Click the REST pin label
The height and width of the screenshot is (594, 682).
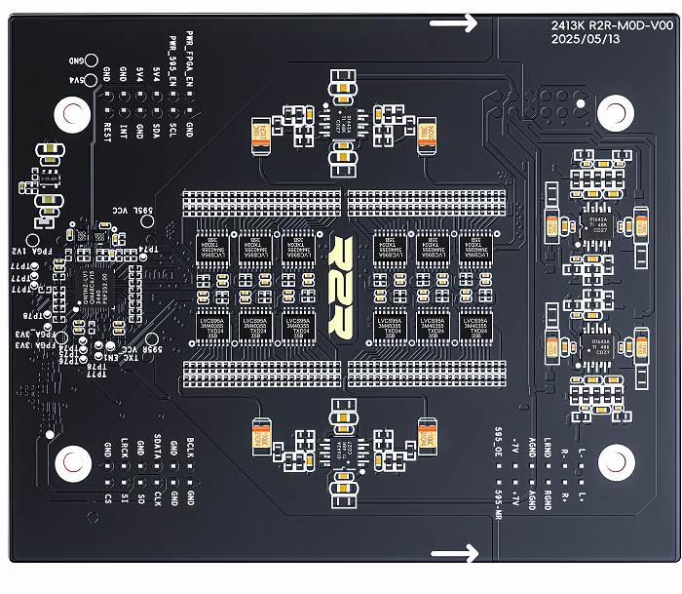tap(107, 128)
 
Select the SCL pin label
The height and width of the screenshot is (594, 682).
tap(172, 128)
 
